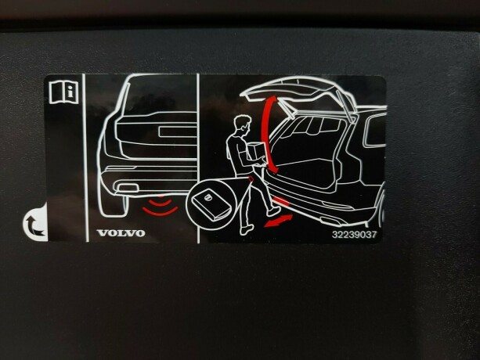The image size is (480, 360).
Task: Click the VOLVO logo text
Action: point(121,233)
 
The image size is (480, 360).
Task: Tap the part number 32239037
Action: point(354,235)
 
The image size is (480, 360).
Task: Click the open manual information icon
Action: point(63,92)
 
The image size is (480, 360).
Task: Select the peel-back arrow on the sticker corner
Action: point(34,225)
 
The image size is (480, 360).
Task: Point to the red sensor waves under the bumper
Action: point(160,207)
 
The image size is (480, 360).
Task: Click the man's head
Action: point(243,124)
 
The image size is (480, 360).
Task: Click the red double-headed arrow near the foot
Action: point(278,221)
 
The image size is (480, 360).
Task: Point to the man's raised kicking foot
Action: point(273,211)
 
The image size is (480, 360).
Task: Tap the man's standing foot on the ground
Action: point(247,229)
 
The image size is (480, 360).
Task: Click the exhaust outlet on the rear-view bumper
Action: point(125,188)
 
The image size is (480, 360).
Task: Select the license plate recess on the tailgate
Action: point(177,131)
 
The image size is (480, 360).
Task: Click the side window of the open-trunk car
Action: point(374,131)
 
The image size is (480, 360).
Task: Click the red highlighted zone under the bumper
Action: point(280,201)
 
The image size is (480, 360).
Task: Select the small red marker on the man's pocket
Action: point(251,179)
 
